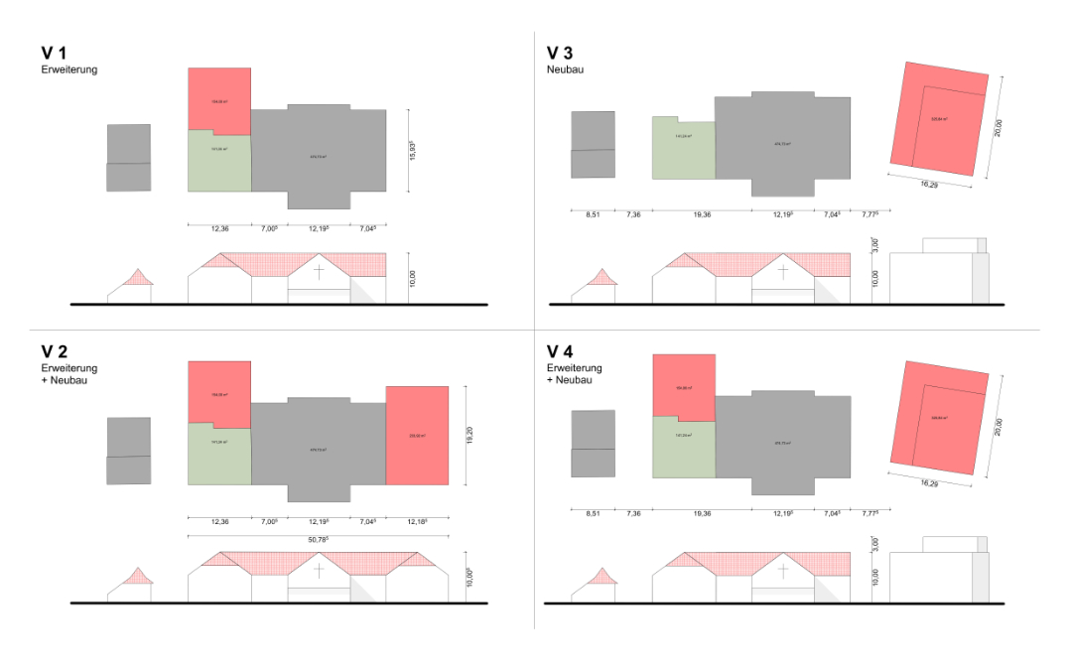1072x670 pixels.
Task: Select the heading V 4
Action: pyautogui.click(x=560, y=352)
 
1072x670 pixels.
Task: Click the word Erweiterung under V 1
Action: pyautogui.click(x=68, y=70)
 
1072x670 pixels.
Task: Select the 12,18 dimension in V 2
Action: pyautogui.click(x=418, y=521)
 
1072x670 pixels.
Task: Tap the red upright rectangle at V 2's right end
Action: pyautogui.click(x=417, y=436)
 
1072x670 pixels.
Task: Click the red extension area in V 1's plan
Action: pyautogui.click(x=219, y=98)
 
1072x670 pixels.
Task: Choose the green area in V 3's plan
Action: pyautogui.click(x=683, y=149)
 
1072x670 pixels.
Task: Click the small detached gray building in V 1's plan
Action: pyautogui.click(x=129, y=158)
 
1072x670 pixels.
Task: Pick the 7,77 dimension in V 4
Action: pyautogui.click(x=871, y=514)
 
